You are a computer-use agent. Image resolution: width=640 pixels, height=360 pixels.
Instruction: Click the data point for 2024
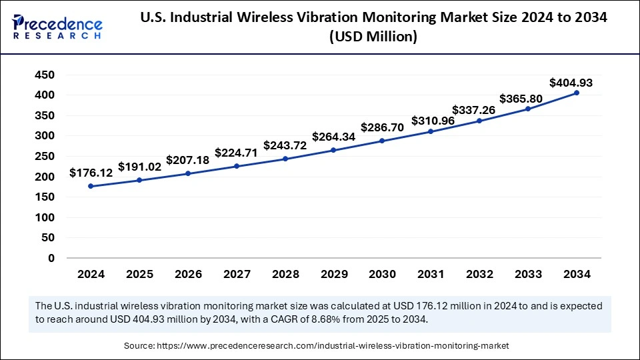(91, 186)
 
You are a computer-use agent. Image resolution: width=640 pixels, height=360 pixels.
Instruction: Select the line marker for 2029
(333, 150)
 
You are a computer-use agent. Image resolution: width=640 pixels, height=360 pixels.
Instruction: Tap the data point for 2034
(576, 93)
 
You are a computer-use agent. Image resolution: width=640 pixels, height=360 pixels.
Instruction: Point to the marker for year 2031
(431, 131)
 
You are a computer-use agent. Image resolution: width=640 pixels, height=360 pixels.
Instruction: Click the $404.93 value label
(571, 83)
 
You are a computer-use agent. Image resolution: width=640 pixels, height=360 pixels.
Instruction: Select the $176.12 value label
(91, 173)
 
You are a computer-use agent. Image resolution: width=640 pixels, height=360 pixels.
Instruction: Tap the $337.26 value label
(473, 109)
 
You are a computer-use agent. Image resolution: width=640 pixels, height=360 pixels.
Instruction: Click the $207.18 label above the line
(188, 160)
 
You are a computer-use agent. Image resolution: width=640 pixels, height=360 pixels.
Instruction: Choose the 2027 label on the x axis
(236, 274)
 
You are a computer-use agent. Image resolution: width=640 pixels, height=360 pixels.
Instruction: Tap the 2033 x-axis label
(527, 274)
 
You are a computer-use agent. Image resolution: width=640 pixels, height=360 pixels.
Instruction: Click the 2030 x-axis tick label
(382, 274)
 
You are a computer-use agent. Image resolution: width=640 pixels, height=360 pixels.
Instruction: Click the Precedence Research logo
(57, 26)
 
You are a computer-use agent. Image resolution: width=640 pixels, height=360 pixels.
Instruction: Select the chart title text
(373, 27)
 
